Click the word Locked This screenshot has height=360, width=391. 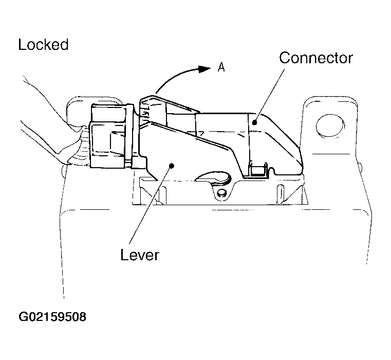(x=43, y=45)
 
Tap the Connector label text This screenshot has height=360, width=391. (x=316, y=58)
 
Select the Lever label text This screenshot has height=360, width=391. (x=140, y=255)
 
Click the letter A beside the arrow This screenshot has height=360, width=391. (x=221, y=67)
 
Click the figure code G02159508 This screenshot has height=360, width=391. (x=52, y=317)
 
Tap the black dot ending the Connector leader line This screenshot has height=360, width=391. (x=254, y=122)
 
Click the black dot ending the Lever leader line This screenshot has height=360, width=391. (x=171, y=165)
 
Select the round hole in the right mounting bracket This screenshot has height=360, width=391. (x=330, y=125)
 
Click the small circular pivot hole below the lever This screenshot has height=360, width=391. (x=221, y=193)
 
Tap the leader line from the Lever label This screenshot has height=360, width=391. (x=151, y=205)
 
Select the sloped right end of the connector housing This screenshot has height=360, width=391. (x=282, y=142)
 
